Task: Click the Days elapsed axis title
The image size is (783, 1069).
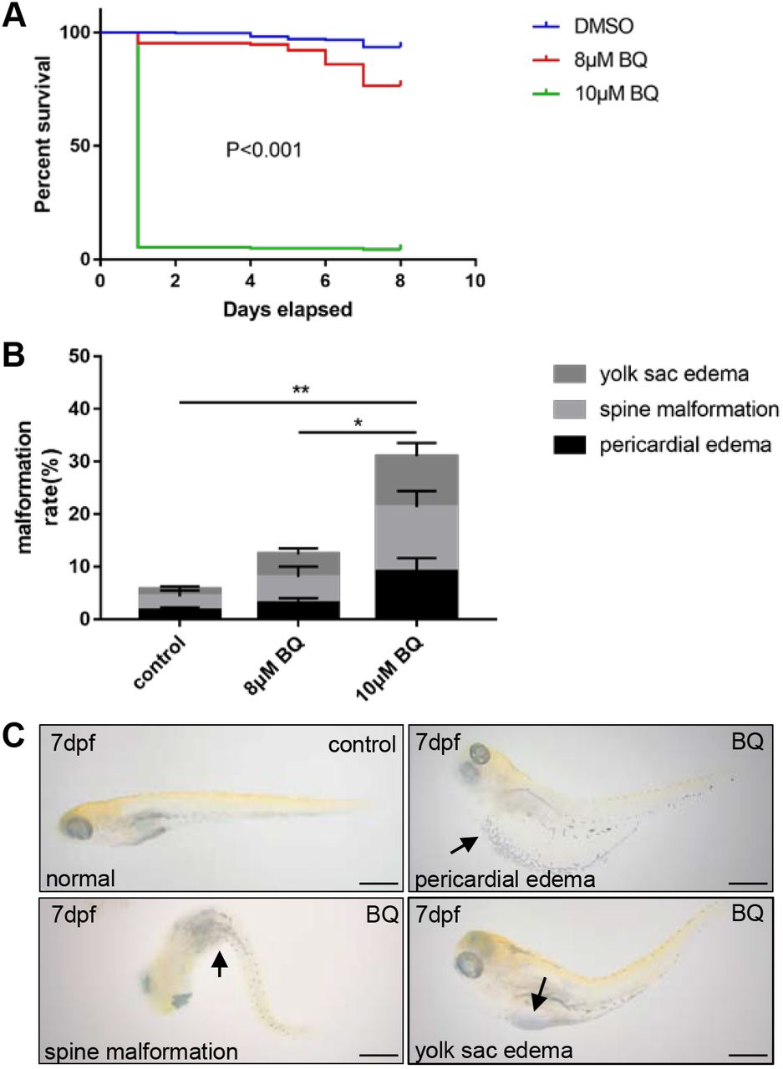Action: tap(287, 309)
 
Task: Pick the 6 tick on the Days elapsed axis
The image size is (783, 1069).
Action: tap(325, 278)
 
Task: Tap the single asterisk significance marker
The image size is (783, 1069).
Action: tap(358, 423)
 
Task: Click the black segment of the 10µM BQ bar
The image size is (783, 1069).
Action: tap(417, 594)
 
